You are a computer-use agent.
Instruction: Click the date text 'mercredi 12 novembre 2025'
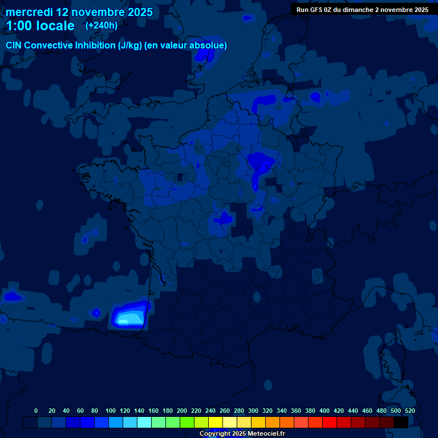click(79, 12)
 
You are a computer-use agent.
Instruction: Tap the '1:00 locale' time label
click(40, 26)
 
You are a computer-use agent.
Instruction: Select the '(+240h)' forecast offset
click(102, 26)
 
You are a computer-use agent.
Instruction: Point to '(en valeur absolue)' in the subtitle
click(186, 45)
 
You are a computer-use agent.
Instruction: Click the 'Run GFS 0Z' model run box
click(362, 10)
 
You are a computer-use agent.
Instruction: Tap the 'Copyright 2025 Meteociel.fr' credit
click(242, 433)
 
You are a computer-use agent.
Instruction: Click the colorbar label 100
click(110, 411)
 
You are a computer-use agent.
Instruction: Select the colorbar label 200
click(182, 411)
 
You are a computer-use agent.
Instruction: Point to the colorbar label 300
click(253, 411)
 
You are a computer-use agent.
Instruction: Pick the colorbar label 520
click(409, 411)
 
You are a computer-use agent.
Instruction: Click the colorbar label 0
click(36, 411)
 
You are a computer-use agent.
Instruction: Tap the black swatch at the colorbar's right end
click(401, 422)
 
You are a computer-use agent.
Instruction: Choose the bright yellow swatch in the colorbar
click(216, 422)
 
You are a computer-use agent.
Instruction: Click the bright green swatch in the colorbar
click(187, 422)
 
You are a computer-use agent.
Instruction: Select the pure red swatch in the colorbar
click(330, 422)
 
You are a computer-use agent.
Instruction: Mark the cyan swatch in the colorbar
click(144, 422)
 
